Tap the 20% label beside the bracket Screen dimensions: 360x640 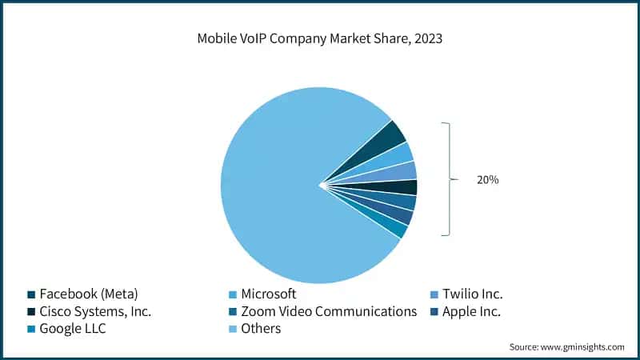pos(487,180)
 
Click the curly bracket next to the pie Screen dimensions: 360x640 pos(450,179)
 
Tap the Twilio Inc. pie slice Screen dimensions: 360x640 pos(404,170)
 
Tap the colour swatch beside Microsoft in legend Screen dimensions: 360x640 pos(233,294)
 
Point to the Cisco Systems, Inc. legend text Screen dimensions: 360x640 pos(95,311)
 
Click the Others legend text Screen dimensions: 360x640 pos(261,329)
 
